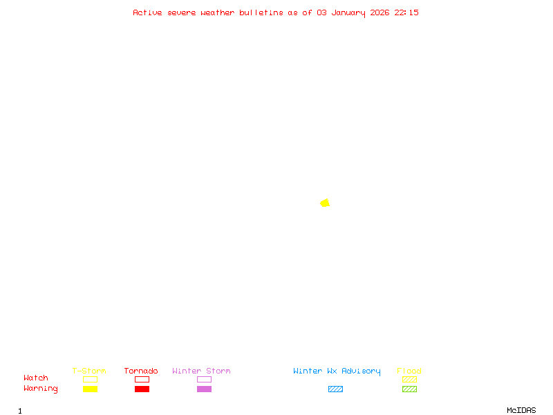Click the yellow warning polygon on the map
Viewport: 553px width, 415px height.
pyautogui.click(x=325, y=203)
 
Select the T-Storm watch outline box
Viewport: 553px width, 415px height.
pyautogui.click(x=90, y=379)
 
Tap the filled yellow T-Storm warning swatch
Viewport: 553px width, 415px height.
pyautogui.click(x=90, y=389)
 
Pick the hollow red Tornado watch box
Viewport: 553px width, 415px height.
pyautogui.click(x=142, y=379)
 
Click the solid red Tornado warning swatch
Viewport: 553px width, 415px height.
pyautogui.click(x=142, y=389)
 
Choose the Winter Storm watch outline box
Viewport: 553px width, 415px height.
pyautogui.click(x=204, y=379)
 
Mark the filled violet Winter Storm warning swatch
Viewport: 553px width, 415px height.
pyautogui.click(x=204, y=389)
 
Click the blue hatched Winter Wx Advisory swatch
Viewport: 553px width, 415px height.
pyautogui.click(x=335, y=389)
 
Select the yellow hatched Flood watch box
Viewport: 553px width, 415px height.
pyautogui.click(x=409, y=379)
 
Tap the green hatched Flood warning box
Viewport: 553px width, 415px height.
pyautogui.click(x=409, y=389)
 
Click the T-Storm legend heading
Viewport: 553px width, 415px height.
pyautogui.click(x=89, y=371)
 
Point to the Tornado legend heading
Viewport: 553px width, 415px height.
pyautogui.click(x=141, y=371)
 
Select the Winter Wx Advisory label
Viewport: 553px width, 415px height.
pyautogui.click(x=337, y=371)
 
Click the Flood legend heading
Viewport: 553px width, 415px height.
pyautogui.click(x=409, y=371)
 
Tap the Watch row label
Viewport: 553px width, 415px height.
pyautogui.click(x=36, y=378)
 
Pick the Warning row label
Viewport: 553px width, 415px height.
pyautogui.click(x=41, y=389)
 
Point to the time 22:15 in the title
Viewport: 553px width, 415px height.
pyautogui.click(x=406, y=12)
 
